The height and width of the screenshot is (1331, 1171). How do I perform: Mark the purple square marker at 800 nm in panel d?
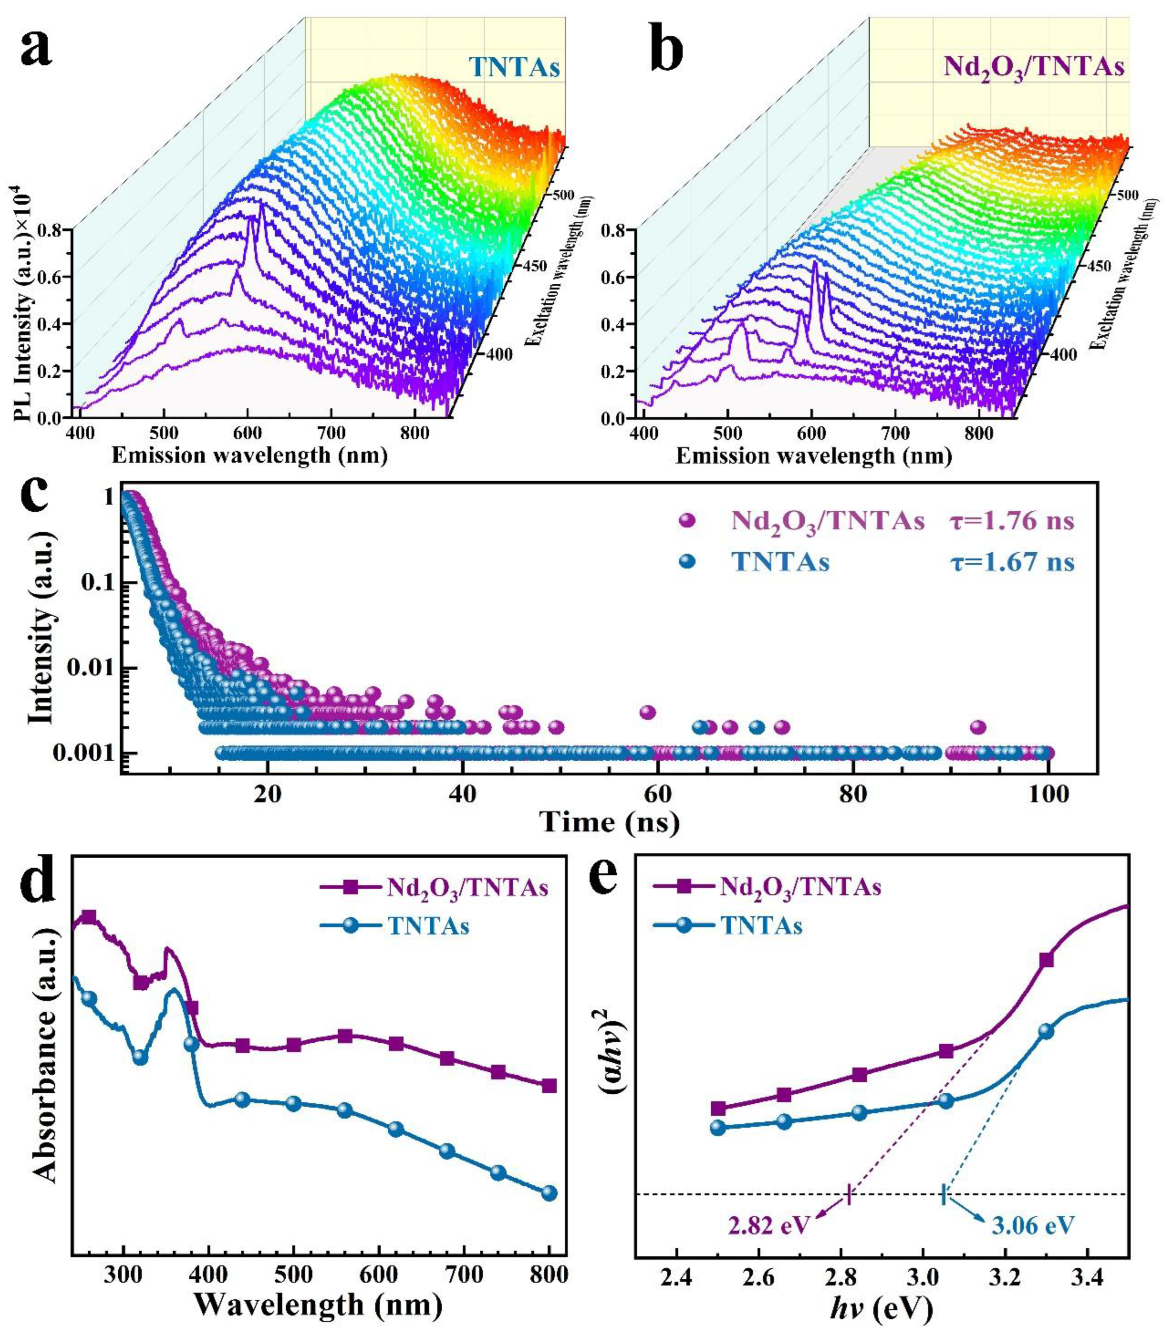(549, 1085)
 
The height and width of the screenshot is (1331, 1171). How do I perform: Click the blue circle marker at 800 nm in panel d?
(549, 1192)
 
